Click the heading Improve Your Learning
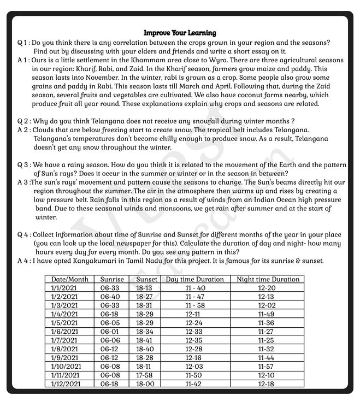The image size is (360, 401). point(180,33)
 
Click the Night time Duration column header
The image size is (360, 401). point(268,279)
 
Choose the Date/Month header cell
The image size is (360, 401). point(69,279)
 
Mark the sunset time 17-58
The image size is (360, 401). point(144,375)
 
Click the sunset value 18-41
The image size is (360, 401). point(144,340)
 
